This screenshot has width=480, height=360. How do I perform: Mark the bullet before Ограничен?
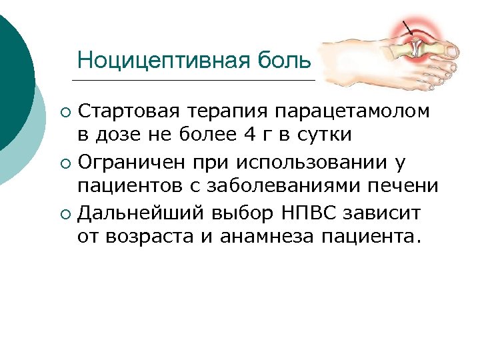point(63,162)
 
